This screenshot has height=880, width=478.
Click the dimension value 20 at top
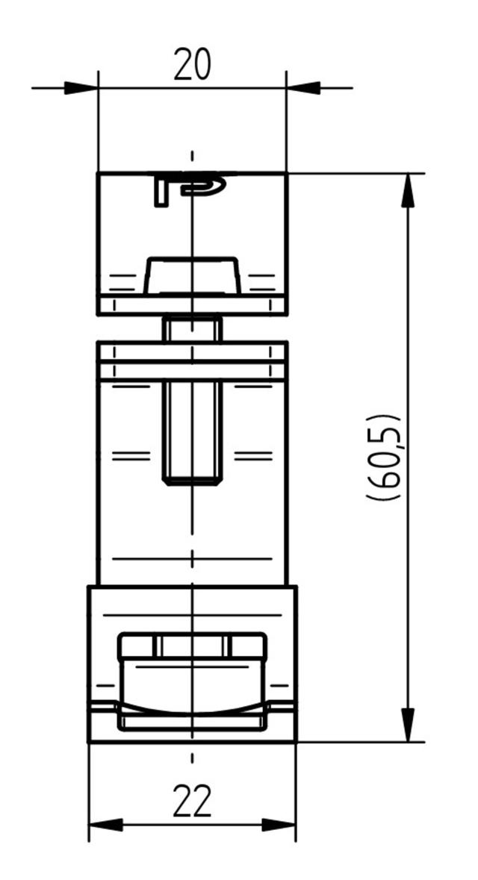click(192, 65)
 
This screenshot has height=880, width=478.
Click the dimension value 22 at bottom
click(192, 801)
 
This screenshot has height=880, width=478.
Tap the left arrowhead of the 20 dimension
click(82, 88)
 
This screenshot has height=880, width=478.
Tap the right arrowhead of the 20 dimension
click(302, 88)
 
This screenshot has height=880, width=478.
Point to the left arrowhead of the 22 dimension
click(105, 825)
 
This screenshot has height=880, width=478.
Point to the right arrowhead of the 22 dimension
click(279, 825)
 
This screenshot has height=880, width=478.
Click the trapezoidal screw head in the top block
click(192, 275)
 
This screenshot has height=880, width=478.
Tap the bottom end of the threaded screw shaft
click(192, 481)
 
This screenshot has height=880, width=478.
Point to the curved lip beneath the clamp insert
click(192, 709)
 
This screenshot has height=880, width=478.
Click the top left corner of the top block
click(98, 173)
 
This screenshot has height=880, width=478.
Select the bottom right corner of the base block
click(296, 742)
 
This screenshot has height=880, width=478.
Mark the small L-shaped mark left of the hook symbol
click(160, 191)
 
